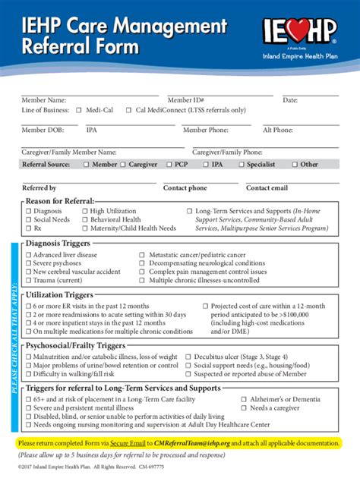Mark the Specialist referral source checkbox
(241, 164)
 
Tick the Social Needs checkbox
(28, 219)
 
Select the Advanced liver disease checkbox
(28, 256)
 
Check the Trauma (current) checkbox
(28, 280)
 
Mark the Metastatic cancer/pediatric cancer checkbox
(142, 256)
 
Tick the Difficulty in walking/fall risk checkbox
(28, 373)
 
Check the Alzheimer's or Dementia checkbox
(232, 398)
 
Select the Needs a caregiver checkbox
(232, 407)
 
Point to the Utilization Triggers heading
(60, 294)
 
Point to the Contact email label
(267, 187)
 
